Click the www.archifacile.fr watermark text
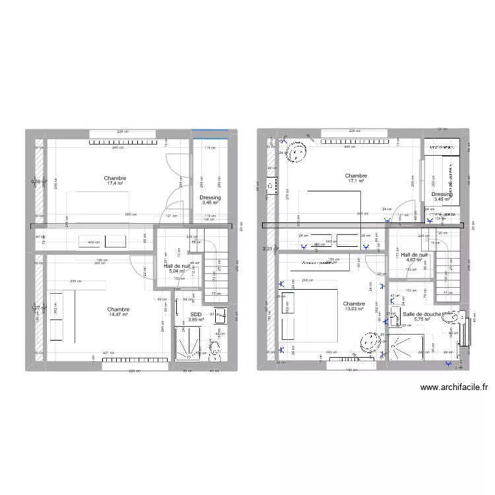pyautogui.click(x=453, y=389)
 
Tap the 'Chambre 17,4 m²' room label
pyautogui.click(x=115, y=181)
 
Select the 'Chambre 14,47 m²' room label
pyautogui.click(x=118, y=313)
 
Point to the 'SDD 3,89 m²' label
pyautogui.click(x=196, y=317)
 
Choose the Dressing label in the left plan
pyautogui.click(x=210, y=201)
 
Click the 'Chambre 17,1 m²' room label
pyautogui.click(x=356, y=179)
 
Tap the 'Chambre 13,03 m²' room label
pyautogui.click(x=354, y=306)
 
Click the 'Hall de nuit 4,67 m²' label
pyautogui.click(x=414, y=257)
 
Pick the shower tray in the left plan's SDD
pyautogui.click(x=189, y=344)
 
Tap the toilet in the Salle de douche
pyautogui.click(x=455, y=317)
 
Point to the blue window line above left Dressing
pyautogui.click(x=210, y=130)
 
